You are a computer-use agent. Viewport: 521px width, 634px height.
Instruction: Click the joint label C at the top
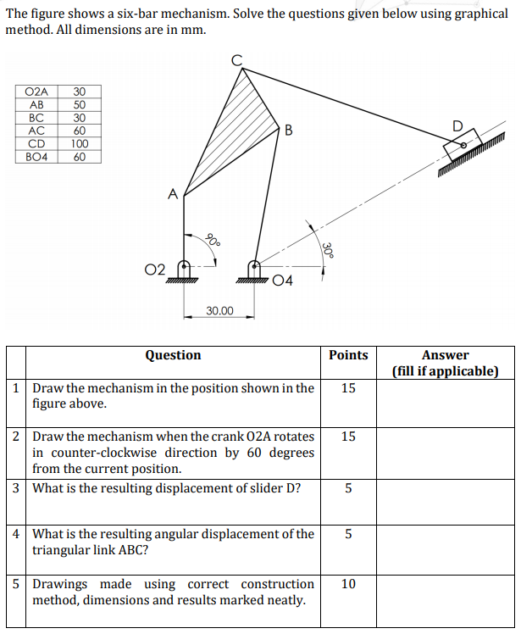point(237,58)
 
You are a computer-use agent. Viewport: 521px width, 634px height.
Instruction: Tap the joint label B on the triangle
point(289,130)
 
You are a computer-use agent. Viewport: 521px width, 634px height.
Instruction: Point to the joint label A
point(172,194)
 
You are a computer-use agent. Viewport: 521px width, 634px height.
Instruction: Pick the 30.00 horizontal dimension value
point(219,311)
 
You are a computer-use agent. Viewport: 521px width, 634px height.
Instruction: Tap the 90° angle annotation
point(213,239)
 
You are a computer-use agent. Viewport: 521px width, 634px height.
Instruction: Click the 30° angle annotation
point(327,248)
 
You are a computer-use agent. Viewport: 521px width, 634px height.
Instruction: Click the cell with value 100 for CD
point(80,143)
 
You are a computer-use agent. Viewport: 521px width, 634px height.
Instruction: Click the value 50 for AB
point(80,104)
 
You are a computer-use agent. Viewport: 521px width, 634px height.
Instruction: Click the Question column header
point(173,355)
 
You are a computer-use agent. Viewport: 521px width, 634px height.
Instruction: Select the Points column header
point(348,355)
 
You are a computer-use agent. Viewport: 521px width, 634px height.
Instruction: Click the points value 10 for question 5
point(348,584)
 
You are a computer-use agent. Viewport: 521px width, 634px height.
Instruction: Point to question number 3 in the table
point(17,488)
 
